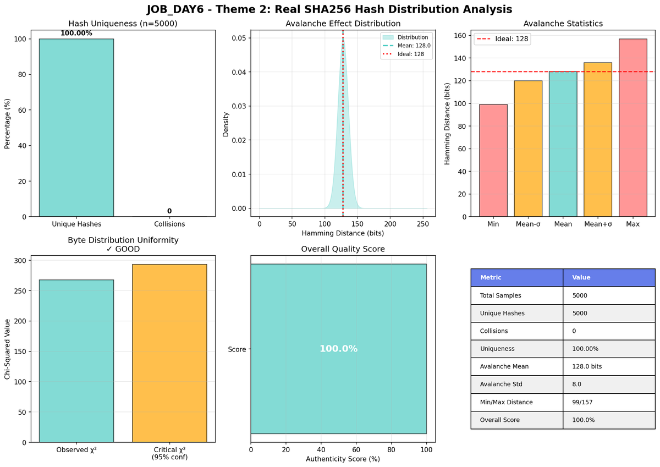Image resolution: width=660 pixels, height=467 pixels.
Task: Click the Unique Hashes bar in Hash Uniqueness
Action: tap(76, 128)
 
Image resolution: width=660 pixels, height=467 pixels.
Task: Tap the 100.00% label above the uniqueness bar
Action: tap(76, 34)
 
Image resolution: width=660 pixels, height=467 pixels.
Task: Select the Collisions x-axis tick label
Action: tap(169, 224)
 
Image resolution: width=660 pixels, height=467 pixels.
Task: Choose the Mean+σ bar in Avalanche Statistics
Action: tap(597, 140)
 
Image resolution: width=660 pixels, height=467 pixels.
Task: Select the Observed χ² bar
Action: tap(76, 361)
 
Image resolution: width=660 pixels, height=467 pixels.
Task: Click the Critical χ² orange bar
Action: tap(169, 353)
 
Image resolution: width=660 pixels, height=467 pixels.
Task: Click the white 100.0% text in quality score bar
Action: tap(338, 349)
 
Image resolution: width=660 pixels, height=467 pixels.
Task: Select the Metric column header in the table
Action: tap(491, 278)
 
